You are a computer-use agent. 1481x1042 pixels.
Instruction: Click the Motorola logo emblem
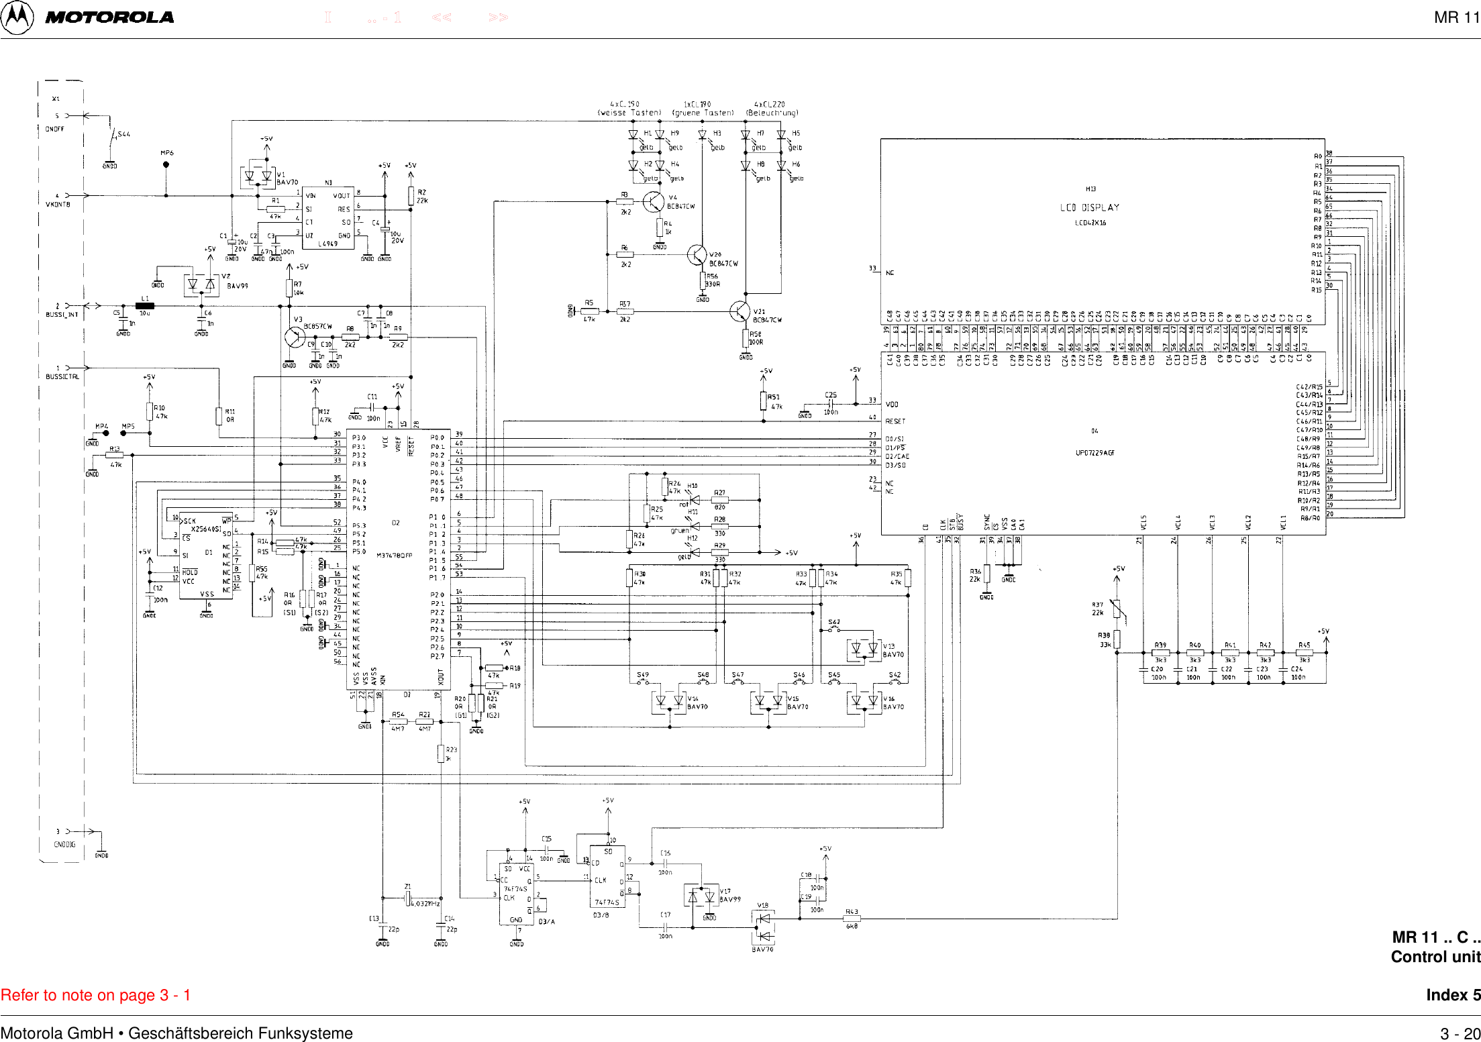coord(17,17)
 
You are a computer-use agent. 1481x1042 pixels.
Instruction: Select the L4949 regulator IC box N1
coord(328,218)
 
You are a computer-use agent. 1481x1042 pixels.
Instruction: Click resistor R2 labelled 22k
coord(411,196)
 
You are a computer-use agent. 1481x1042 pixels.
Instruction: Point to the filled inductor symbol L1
coord(145,306)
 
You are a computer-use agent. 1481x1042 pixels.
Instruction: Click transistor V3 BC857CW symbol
coord(295,337)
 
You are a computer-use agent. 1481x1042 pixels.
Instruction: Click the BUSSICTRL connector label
coord(62,377)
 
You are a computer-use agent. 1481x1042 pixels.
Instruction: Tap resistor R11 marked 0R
coord(219,416)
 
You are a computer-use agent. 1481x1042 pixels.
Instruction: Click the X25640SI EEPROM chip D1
coord(206,556)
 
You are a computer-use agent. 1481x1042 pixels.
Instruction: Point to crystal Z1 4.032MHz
coord(407,898)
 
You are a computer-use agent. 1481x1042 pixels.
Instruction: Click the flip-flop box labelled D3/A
coord(516,893)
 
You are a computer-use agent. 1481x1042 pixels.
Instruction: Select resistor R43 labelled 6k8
coord(852,919)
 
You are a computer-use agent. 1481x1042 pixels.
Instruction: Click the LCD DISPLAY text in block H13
coord(1090,207)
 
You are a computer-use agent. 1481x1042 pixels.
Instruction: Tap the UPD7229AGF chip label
coord(1094,453)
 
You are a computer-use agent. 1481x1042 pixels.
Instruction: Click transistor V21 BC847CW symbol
coord(739,312)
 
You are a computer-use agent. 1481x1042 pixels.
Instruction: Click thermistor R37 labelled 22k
coord(1117,608)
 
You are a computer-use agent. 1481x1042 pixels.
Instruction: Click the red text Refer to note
coord(95,995)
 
